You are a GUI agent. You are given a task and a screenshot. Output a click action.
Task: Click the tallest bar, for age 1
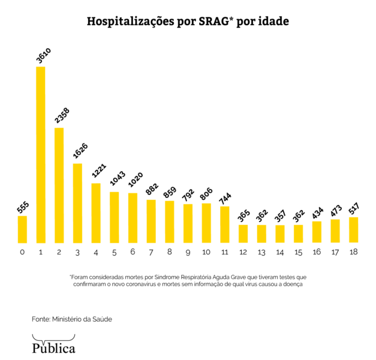(x=41, y=155)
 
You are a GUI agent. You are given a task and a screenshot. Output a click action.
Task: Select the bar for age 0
(x=22, y=229)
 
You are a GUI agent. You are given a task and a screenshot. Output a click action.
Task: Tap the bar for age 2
(x=59, y=185)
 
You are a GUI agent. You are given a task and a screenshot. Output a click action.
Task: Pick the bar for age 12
(x=243, y=234)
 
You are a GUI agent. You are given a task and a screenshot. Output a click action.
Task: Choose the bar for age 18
(x=353, y=230)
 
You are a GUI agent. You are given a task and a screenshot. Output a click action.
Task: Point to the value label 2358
(x=61, y=115)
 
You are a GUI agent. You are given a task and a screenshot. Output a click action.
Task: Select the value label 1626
(x=79, y=152)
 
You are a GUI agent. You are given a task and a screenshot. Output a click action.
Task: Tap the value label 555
(x=23, y=207)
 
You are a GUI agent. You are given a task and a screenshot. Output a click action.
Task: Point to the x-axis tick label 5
(x=114, y=252)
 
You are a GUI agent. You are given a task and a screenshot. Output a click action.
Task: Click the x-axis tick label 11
(x=224, y=252)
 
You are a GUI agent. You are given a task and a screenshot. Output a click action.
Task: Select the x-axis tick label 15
(x=298, y=252)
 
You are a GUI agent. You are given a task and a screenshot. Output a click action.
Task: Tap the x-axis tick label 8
(x=170, y=252)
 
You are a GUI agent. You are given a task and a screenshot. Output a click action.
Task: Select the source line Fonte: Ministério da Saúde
(x=72, y=319)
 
